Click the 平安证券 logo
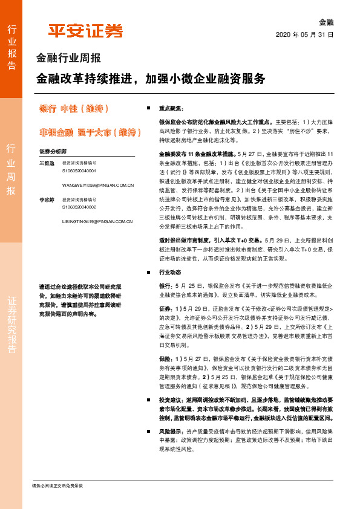85,31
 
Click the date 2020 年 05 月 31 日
305,35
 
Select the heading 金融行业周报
68,59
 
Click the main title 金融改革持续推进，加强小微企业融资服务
151,79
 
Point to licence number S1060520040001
79,171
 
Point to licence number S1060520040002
79,207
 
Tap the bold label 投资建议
170,400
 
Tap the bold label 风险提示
170,432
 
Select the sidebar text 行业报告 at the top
11,47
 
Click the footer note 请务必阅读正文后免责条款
57,486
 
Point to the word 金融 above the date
326,22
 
